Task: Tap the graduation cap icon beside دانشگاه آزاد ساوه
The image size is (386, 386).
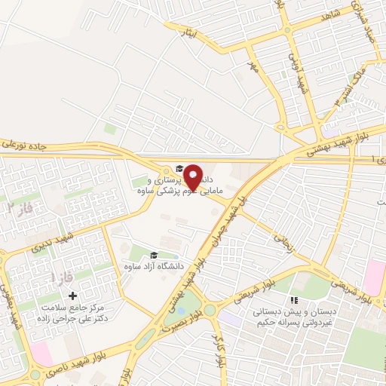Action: pyautogui.click(x=155, y=256)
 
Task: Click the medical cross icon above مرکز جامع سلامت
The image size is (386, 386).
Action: pyautogui.click(x=72, y=295)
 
